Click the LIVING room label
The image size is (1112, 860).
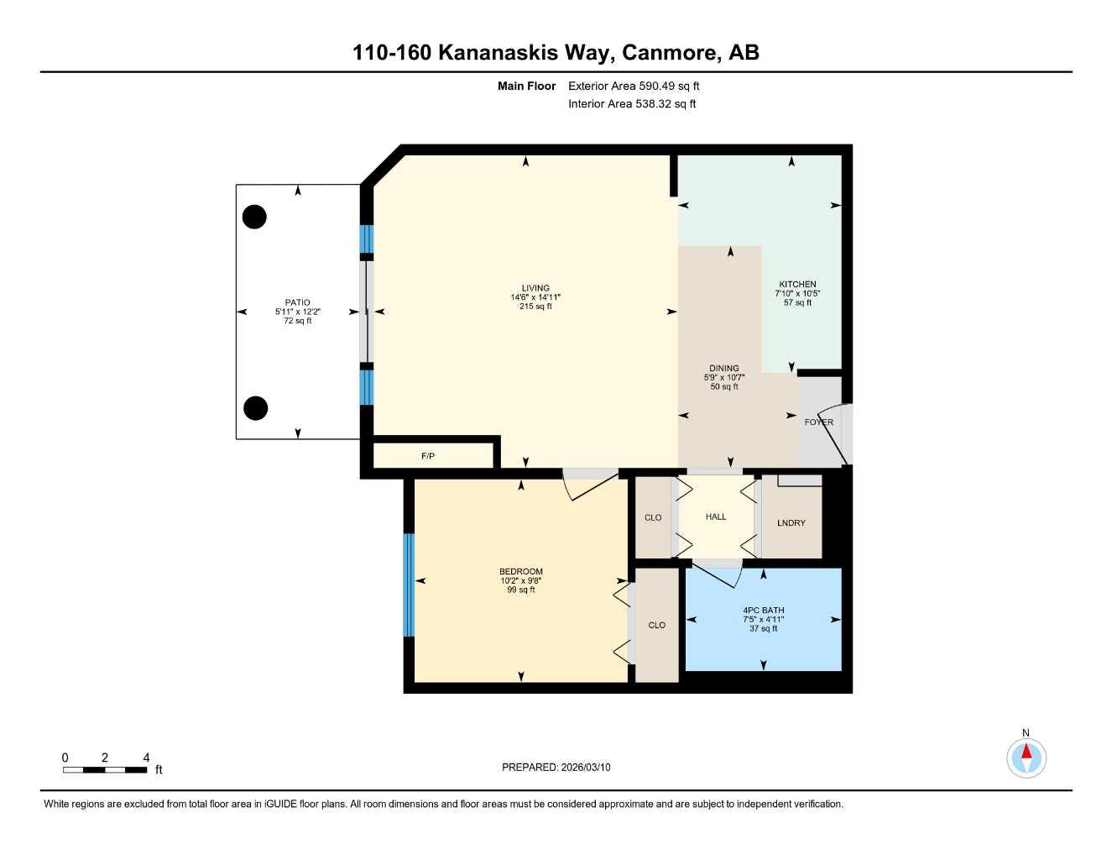pos(535,288)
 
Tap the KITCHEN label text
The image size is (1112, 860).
pos(797,284)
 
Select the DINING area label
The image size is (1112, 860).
pos(724,368)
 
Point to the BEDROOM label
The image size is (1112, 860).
pos(520,571)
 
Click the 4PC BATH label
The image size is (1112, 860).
pos(763,611)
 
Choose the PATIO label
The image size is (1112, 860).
pos(297,302)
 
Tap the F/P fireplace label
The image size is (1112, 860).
pos(428,456)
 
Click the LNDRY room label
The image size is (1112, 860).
pos(791,522)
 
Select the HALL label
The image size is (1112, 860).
pos(716,517)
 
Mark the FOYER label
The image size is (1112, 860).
pos(818,422)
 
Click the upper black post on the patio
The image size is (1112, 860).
pos(254,217)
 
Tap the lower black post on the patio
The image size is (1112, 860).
pos(255,408)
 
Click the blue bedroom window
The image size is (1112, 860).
pos(409,585)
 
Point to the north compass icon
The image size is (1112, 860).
pos(1026,758)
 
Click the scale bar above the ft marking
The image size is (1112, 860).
pos(105,769)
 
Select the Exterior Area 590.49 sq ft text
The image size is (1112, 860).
pos(634,86)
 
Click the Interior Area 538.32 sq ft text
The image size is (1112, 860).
pos(632,104)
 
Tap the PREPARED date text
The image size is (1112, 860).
pos(556,767)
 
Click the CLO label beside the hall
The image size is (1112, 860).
pos(653,517)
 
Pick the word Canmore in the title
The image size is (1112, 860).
pos(670,52)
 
